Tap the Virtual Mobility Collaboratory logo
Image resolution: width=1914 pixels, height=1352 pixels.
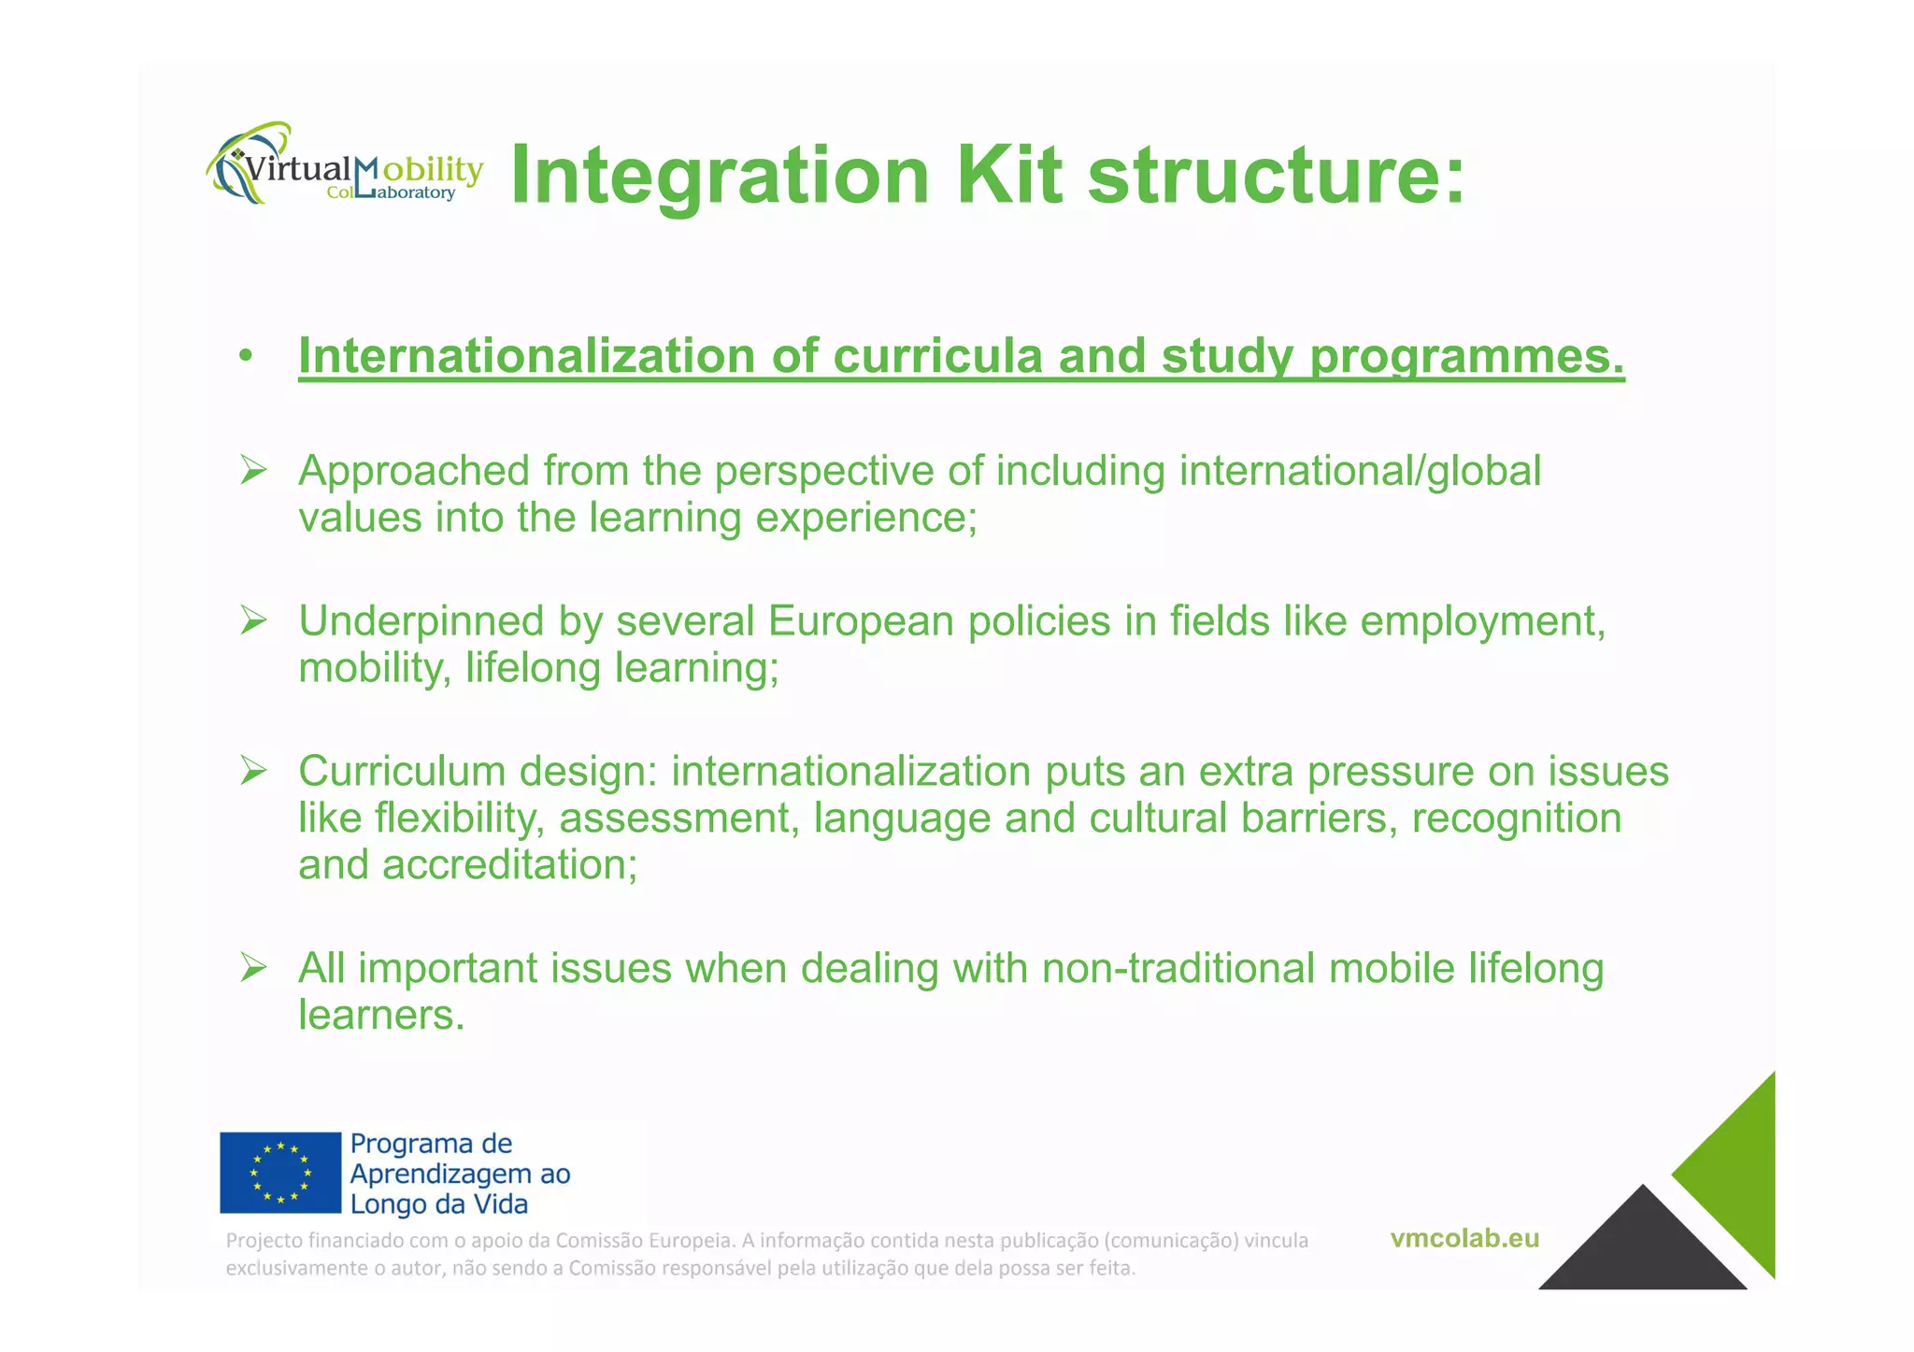pyautogui.click(x=344, y=166)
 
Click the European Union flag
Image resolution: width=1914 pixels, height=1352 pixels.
pyautogui.click(x=280, y=1173)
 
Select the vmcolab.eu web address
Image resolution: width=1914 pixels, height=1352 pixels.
pyautogui.click(x=1464, y=1238)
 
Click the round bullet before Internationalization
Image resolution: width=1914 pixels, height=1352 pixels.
pyautogui.click(x=246, y=356)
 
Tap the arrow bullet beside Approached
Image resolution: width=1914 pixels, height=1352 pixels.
pyautogui.click(x=253, y=470)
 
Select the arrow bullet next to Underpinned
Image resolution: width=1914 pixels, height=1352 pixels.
pyautogui.click(x=253, y=620)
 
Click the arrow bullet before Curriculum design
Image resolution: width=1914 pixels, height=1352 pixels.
pyautogui.click(x=253, y=771)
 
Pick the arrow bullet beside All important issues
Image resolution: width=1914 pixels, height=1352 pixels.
pyautogui.click(x=253, y=968)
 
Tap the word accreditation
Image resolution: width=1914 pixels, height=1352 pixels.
pyautogui.click(x=509, y=864)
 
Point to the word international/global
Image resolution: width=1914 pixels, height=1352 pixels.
pyautogui.click(x=1360, y=471)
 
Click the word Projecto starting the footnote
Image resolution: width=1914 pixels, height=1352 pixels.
pyautogui.click(x=264, y=1241)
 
